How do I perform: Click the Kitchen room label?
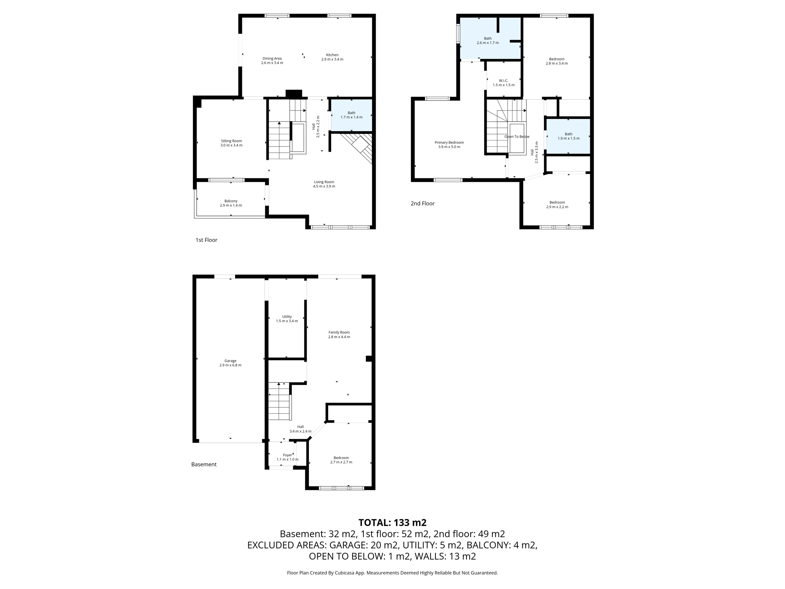click(x=332, y=55)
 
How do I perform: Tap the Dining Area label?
click(x=272, y=59)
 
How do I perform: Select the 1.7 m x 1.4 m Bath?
click(x=351, y=115)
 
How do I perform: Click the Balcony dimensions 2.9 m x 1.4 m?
click(x=231, y=206)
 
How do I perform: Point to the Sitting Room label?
click(x=231, y=141)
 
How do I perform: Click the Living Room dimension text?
click(x=324, y=186)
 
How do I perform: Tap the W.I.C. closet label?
click(x=503, y=81)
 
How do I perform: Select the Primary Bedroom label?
click(x=449, y=142)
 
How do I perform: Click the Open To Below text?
click(x=517, y=137)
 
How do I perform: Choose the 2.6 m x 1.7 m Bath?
click(x=488, y=41)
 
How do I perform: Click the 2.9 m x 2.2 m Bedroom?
click(x=557, y=205)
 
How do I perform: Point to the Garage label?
click(x=230, y=361)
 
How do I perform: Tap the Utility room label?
click(x=287, y=317)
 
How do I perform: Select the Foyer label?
click(x=287, y=455)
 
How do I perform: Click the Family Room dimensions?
click(x=339, y=337)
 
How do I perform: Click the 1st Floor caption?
click(x=206, y=240)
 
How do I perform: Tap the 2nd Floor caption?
click(x=422, y=204)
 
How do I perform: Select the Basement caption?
click(x=204, y=464)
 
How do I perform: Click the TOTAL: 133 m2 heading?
click(x=392, y=523)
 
